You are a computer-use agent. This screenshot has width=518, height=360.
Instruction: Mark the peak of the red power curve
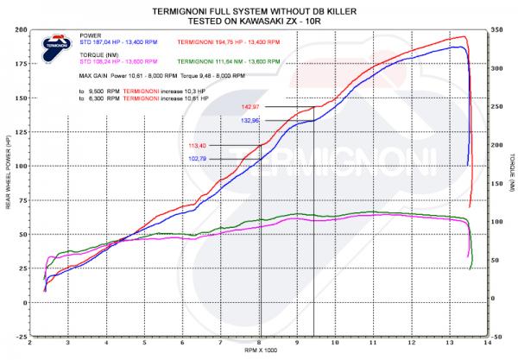click(x=464, y=37)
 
